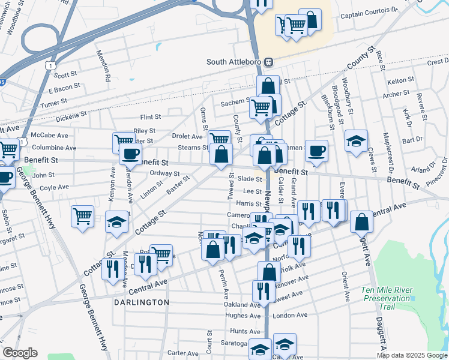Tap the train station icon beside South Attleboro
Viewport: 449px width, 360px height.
point(270,62)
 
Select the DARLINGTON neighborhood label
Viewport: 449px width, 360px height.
point(142,302)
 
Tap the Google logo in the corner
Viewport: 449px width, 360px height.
point(20,353)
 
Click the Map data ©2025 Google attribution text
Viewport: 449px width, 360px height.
point(412,355)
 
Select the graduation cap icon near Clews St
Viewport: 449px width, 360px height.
point(357,141)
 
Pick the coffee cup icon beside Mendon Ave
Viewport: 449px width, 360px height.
point(130,154)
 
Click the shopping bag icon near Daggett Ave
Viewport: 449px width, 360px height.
point(362,222)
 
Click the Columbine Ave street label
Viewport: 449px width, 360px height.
point(54,148)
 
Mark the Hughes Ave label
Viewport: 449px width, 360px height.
point(243,316)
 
